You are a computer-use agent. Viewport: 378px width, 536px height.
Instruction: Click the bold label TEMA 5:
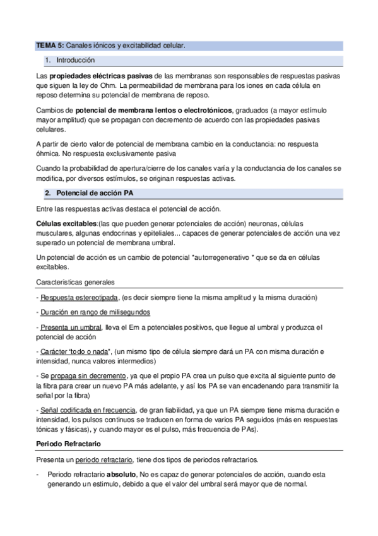50,46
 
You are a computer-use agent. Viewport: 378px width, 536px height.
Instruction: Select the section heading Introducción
75,61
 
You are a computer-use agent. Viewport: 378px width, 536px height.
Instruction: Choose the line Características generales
79,282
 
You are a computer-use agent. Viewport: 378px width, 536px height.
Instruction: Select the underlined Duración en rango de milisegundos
95,312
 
